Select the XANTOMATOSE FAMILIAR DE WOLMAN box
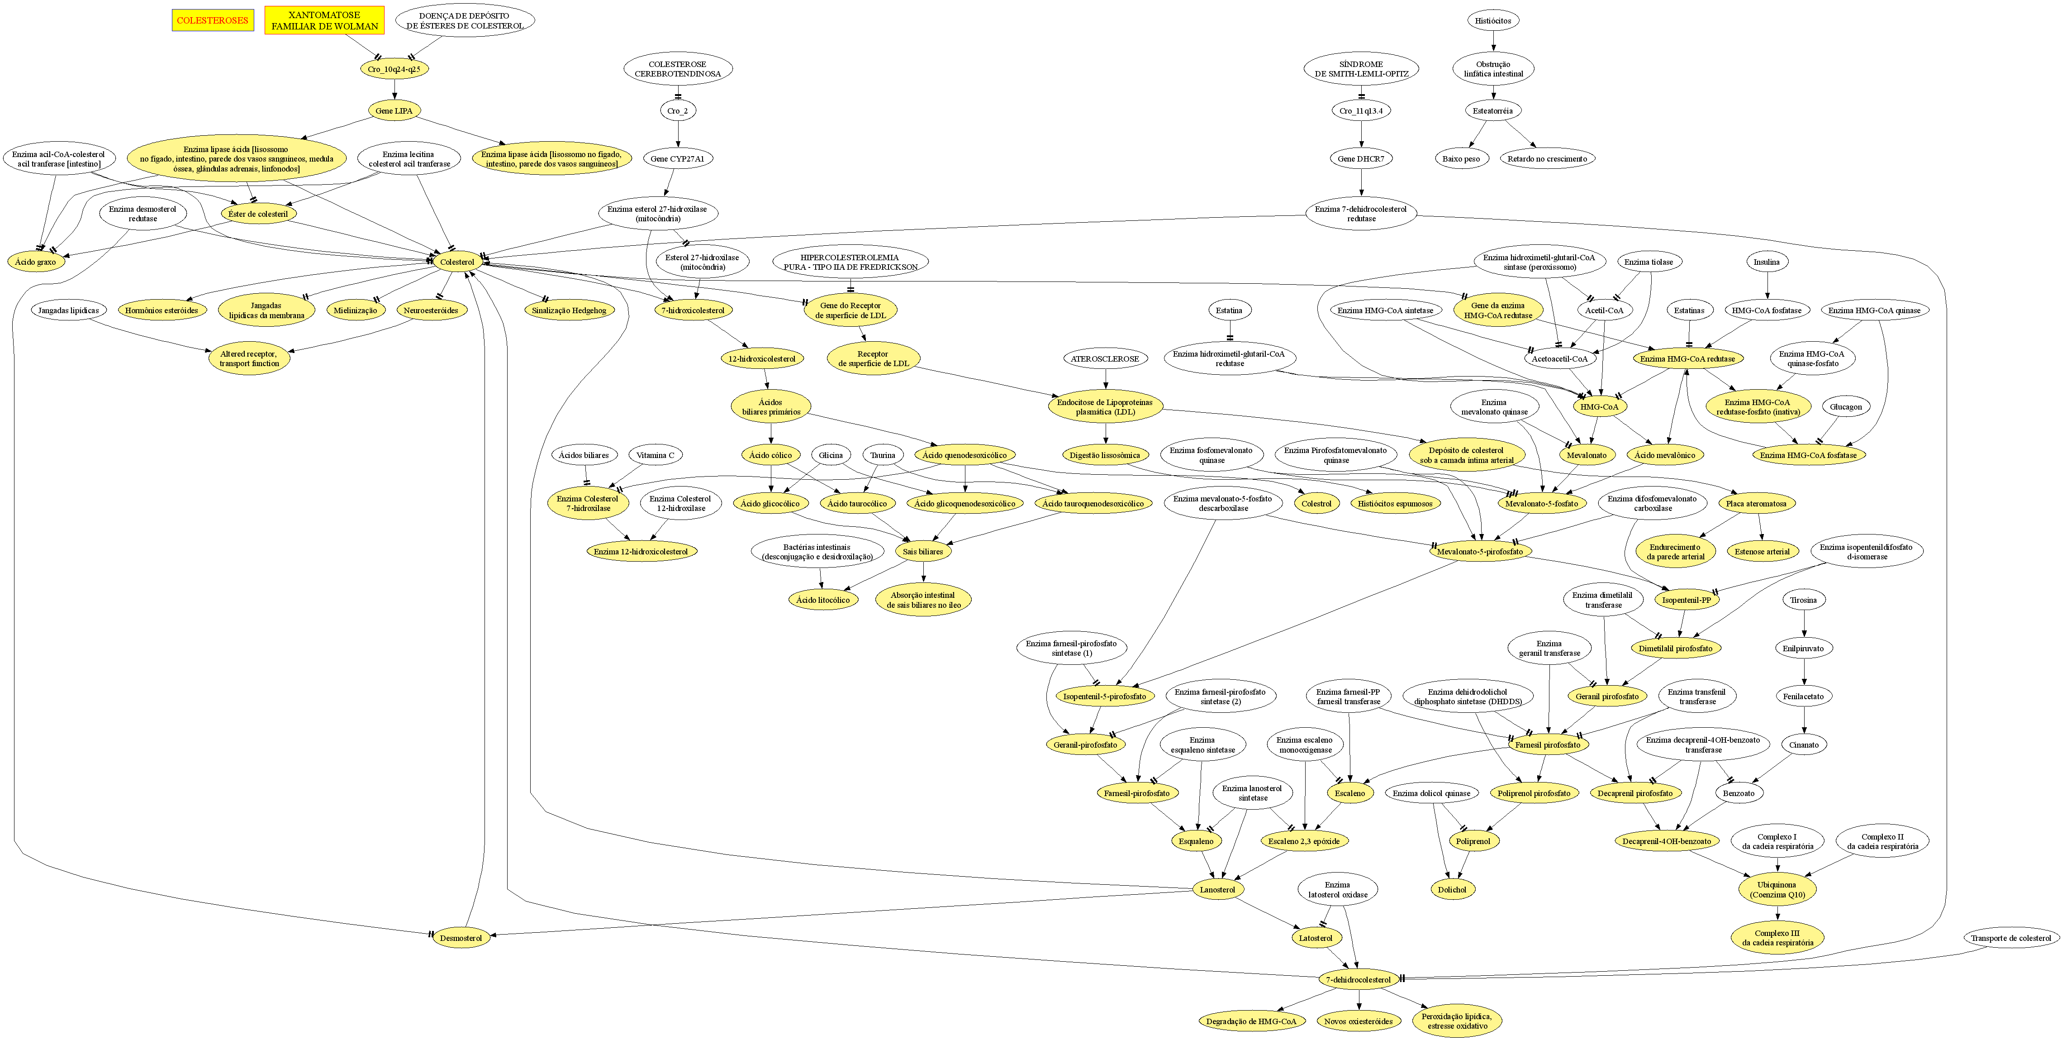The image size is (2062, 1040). tap(324, 20)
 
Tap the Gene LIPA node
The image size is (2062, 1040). tap(394, 110)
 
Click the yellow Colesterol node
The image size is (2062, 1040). tap(457, 262)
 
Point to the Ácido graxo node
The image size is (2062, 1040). tap(35, 262)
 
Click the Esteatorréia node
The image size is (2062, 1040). tap(1493, 110)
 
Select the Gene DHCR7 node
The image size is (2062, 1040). tap(1361, 158)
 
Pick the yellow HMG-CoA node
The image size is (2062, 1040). tap(1599, 407)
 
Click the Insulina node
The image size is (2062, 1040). tap(1767, 262)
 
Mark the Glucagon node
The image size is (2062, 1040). tap(1846, 407)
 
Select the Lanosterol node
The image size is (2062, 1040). tap(1217, 889)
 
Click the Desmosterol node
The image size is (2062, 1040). tap(461, 938)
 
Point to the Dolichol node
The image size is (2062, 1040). tap(1452, 889)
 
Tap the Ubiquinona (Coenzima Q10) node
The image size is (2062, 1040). tap(1777, 889)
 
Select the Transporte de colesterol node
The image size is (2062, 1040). tap(2011, 938)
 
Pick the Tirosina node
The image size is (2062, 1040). tap(1803, 600)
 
